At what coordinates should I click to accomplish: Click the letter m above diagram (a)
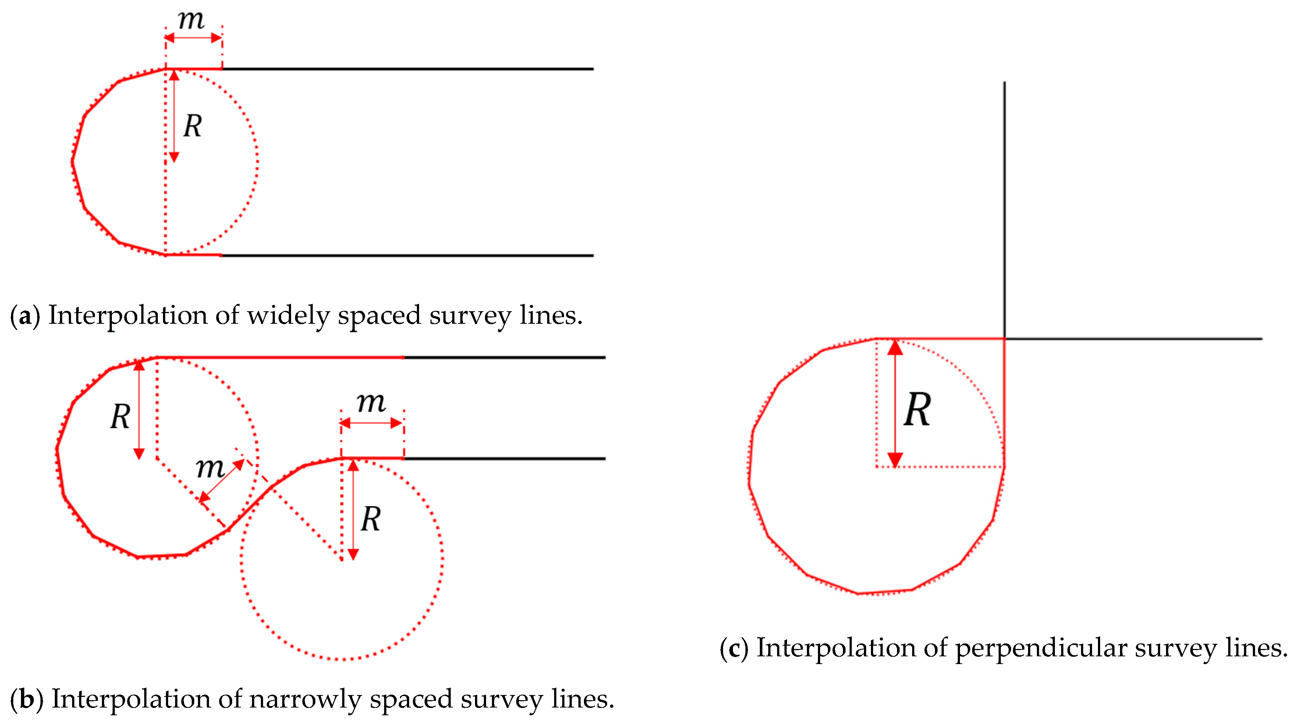click(x=191, y=20)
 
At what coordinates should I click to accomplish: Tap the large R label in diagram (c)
click(x=917, y=410)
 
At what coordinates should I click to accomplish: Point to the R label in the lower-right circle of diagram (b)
click(x=371, y=519)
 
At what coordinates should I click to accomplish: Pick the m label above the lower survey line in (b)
click(x=371, y=403)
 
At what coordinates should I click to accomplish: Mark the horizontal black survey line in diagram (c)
click(x=1133, y=338)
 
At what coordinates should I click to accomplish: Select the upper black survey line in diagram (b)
click(x=503, y=357)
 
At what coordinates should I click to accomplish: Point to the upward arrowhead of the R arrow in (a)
click(x=174, y=76)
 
